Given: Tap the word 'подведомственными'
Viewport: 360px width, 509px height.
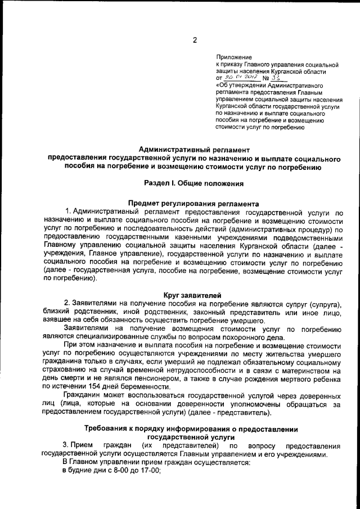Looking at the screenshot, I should tap(307, 237).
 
